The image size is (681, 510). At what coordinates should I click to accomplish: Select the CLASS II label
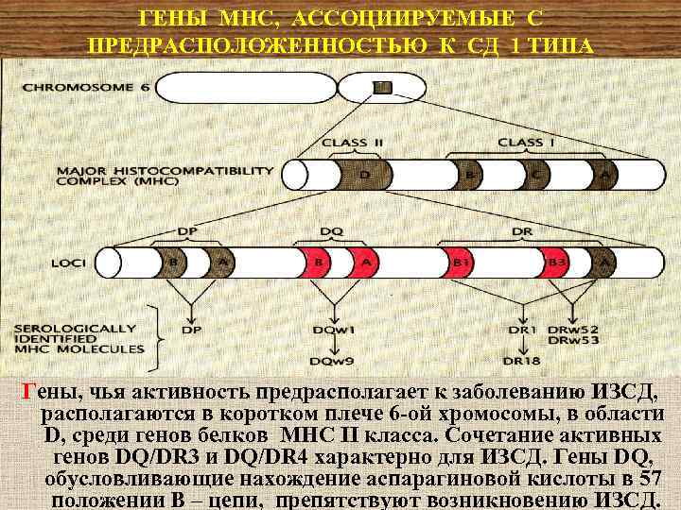tap(351, 142)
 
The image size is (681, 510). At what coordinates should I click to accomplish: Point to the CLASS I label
tap(520, 142)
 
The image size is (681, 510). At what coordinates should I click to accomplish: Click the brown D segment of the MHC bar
tap(364, 175)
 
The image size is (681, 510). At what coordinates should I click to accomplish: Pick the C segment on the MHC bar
tap(537, 175)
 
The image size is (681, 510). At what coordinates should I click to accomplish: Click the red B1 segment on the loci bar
tap(462, 262)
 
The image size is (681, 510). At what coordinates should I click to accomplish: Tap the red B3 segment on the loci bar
tap(557, 262)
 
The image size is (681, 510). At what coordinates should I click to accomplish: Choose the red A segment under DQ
tap(366, 262)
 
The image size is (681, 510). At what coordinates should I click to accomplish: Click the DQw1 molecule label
tap(336, 331)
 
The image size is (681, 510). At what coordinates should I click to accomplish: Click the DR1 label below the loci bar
tap(521, 330)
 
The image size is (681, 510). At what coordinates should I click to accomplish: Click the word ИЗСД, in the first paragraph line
tap(621, 391)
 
